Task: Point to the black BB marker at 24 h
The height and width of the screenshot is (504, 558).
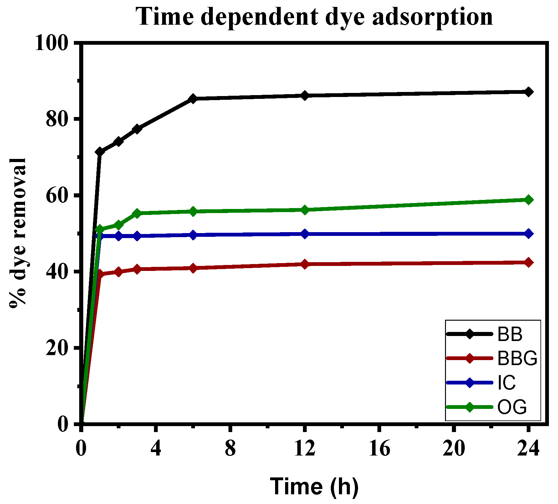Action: tap(528, 92)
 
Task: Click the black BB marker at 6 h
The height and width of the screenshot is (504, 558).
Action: tap(193, 99)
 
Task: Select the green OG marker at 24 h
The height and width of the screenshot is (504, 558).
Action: tap(528, 200)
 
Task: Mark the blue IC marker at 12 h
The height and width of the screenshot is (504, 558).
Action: tap(305, 234)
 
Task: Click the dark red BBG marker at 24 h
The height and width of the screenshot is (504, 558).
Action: tap(528, 262)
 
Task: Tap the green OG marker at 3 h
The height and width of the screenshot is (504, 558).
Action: tap(137, 213)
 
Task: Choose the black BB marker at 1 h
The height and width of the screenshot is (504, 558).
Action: tap(100, 152)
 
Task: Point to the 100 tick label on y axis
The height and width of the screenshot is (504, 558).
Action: tap(52, 43)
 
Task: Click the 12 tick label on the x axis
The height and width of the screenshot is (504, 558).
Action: tap(305, 449)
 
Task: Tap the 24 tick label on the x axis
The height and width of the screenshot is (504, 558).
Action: tap(528, 449)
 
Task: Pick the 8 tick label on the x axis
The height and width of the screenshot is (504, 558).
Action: tap(230, 449)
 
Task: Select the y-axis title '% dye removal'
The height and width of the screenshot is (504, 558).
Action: tap(18, 233)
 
